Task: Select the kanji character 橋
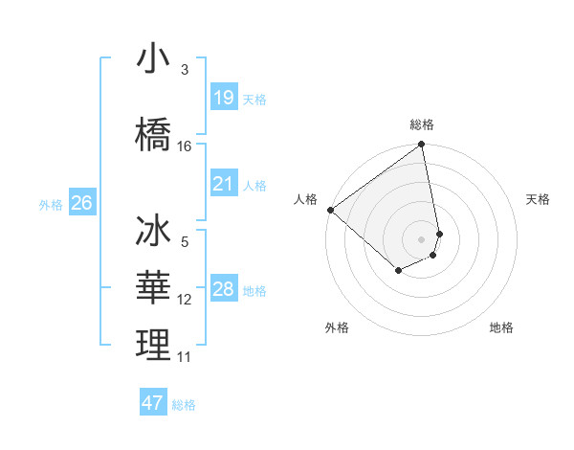click(153, 132)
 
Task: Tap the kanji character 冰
click(153, 233)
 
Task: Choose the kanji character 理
click(153, 345)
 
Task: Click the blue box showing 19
click(224, 97)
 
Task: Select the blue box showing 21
click(224, 184)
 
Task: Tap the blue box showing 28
click(224, 289)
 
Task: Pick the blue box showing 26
click(81, 203)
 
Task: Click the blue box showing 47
click(153, 403)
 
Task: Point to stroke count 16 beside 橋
click(185, 146)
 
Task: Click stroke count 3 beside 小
click(184, 69)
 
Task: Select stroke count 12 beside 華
click(185, 300)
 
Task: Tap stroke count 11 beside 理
click(185, 357)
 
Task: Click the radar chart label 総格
click(422, 124)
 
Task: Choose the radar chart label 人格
click(306, 199)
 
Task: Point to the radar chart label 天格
click(538, 199)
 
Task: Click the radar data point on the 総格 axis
click(422, 146)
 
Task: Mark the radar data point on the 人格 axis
click(330, 210)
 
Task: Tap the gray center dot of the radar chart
click(422, 238)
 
